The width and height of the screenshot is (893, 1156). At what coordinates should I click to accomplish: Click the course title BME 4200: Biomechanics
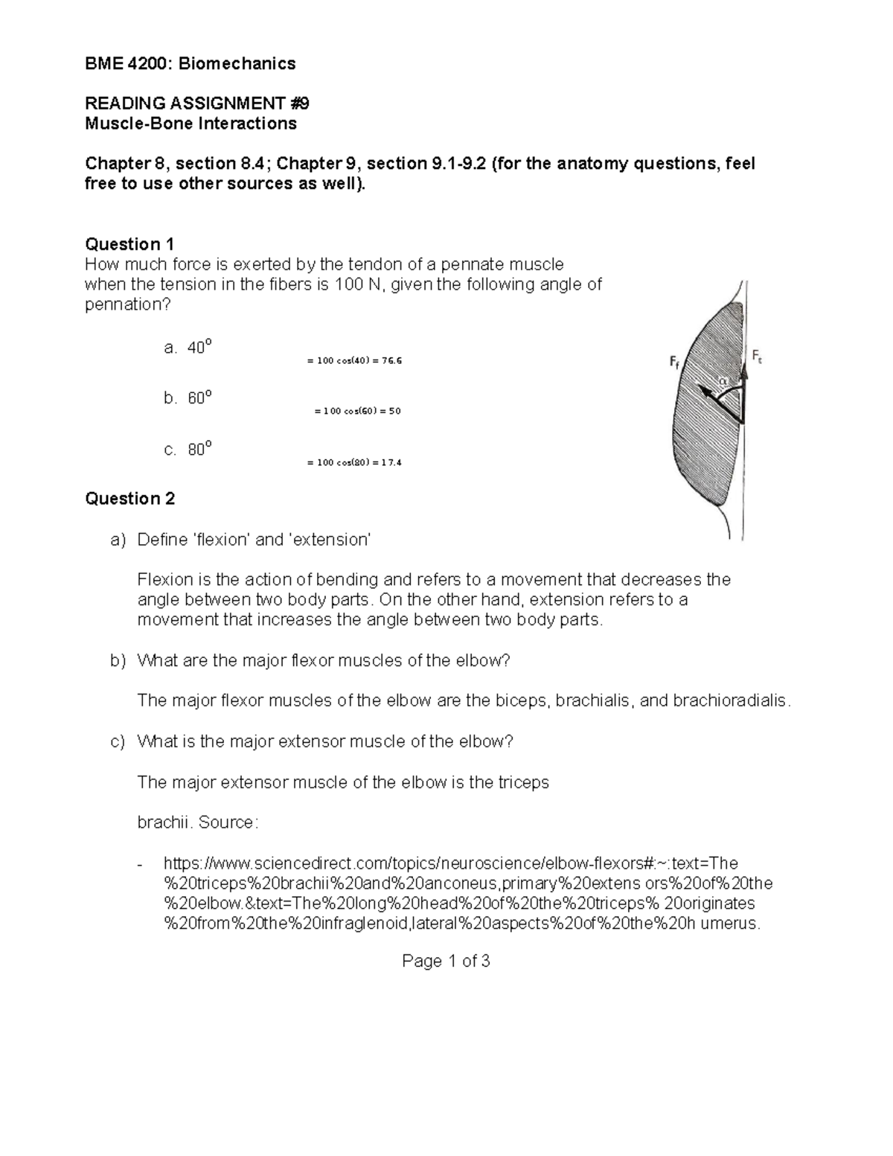tap(190, 63)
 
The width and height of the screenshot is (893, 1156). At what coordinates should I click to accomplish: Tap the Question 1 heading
tap(129, 244)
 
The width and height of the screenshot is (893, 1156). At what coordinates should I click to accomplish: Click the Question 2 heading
tap(129, 499)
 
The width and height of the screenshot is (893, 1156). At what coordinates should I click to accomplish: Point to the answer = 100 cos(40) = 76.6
tap(354, 361)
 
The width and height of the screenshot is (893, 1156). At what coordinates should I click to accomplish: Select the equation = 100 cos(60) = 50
tap(357, 411)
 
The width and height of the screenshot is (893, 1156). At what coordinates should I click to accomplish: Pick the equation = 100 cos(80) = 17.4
tap(354, 462)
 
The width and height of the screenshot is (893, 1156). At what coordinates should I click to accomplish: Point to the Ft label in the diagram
tap(757, 357)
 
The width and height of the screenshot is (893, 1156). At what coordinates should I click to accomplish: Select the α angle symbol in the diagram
tap(721, 381)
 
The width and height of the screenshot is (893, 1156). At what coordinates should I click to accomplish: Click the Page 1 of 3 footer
tap(446, 961)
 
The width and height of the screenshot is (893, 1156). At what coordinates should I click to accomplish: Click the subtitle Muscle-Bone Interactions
tap(191, 124)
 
